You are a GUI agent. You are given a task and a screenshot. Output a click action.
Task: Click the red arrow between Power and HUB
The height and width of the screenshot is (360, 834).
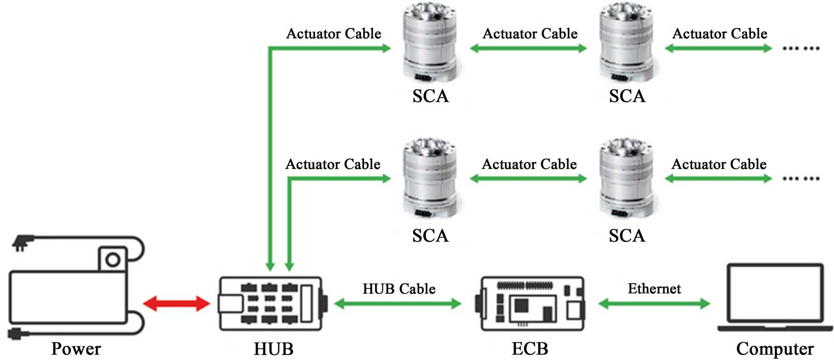tap(176, 304)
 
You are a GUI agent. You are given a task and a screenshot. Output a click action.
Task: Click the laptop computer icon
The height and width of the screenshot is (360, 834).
tap(775, 297)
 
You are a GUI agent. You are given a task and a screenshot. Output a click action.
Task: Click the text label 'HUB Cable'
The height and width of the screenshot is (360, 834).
tap(399, 289)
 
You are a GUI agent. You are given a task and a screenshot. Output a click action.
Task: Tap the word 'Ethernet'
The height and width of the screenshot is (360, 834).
tap(654, 288)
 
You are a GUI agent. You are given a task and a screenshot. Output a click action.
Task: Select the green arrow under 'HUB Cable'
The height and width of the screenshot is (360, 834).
tap(398, 304)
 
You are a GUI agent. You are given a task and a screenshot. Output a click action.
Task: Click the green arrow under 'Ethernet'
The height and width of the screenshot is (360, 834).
tap(654, 304)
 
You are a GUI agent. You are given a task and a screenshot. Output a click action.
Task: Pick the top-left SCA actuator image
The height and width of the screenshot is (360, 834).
tap(430, 42)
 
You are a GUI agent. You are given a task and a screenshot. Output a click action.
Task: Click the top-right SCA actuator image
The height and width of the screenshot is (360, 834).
tap(626, 42)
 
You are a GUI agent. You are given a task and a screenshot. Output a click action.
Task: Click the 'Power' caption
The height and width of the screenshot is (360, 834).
tap(76, 349)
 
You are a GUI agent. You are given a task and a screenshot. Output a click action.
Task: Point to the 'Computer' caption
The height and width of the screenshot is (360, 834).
tap(775, 349)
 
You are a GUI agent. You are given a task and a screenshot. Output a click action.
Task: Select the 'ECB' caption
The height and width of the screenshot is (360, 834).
tap(530, 349)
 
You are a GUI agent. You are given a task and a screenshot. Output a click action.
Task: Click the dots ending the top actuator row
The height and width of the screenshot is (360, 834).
tap(801, 48)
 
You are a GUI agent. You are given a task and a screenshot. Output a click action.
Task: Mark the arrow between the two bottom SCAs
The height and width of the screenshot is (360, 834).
tap(528, 179)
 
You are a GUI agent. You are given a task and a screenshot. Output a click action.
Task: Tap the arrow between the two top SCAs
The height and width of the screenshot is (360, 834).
tap(528, 48)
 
